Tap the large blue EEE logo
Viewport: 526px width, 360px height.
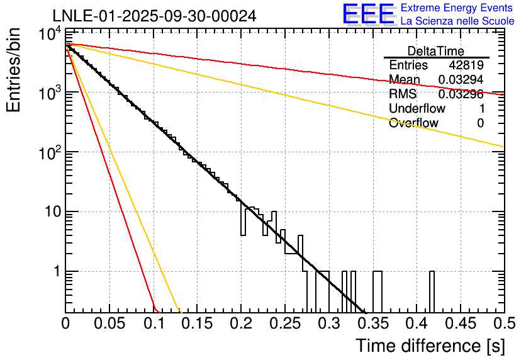(368, 14)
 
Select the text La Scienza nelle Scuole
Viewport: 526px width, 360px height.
(457, 21)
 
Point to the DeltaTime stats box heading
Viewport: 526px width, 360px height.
(435, 51)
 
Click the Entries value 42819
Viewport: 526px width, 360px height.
(466, 65)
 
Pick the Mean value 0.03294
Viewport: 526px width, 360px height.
(461, 80)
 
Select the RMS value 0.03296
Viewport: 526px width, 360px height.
(461, 94)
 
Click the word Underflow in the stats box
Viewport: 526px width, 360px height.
(417, 109)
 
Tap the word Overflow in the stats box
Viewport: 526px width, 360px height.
(413, 123)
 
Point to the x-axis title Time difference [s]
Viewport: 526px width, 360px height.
(430, 346)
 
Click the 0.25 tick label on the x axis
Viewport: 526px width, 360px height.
(284, 324)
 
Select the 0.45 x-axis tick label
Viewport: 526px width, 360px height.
(460, 324)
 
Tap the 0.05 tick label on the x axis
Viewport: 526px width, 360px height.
(109, 324)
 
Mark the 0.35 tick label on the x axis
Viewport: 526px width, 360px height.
(372, 324)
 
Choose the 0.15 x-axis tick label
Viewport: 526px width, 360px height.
(197, 324)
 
